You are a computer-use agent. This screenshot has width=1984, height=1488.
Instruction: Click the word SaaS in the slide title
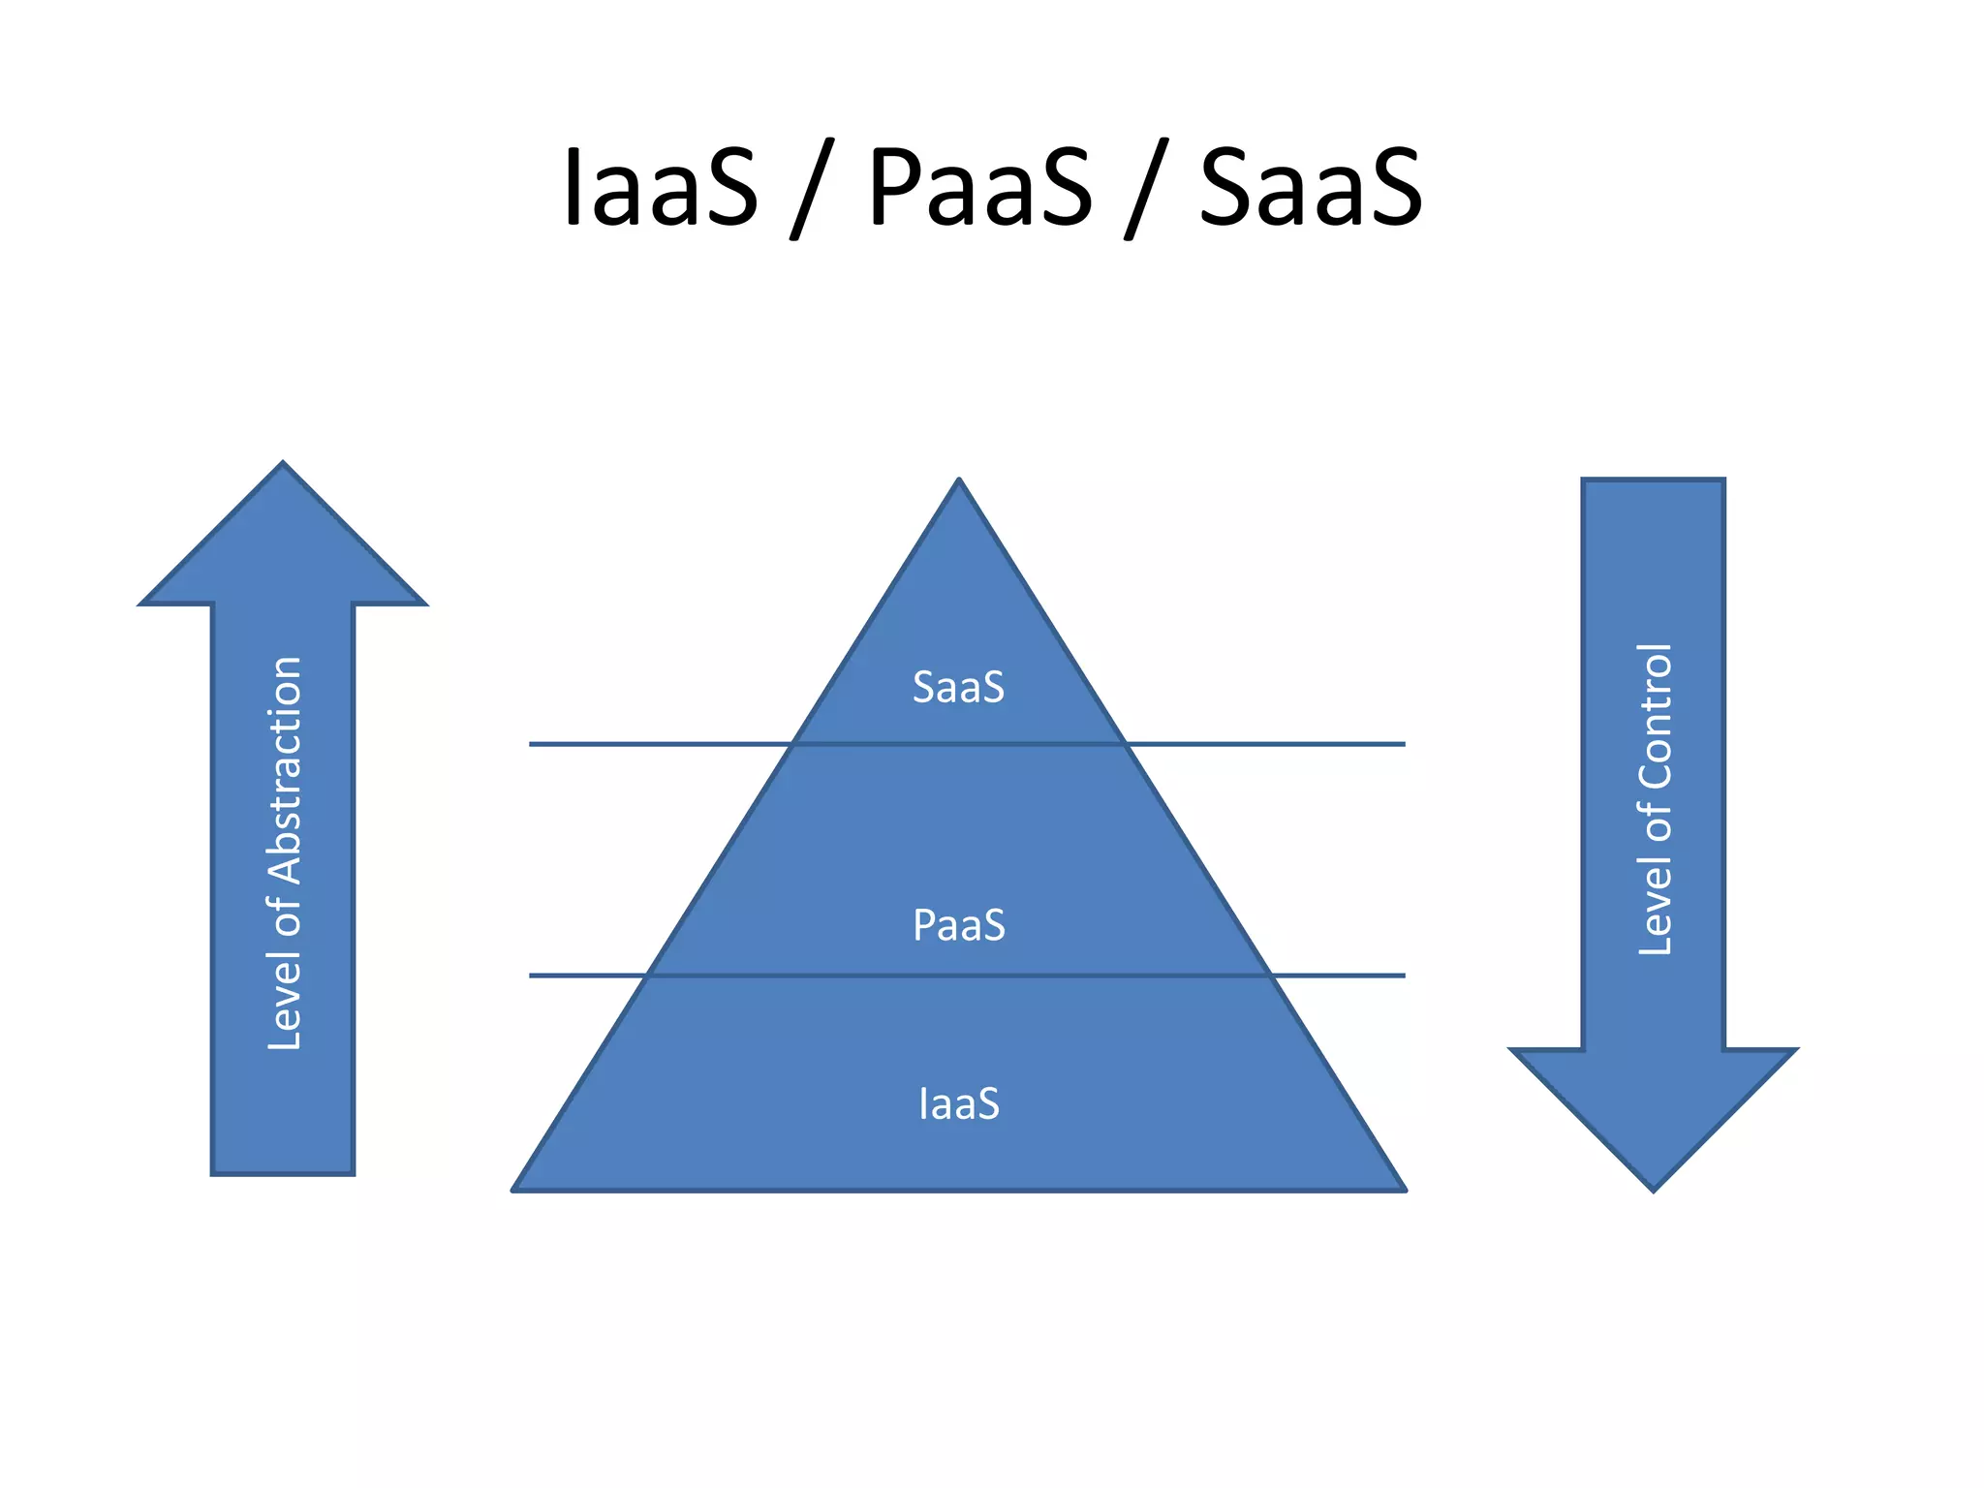(1311, 186)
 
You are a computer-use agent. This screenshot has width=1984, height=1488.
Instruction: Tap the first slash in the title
(812, 190)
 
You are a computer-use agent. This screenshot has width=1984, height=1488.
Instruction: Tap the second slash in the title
(1146, 190)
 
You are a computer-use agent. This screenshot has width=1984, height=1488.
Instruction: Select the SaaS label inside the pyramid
(958, 687)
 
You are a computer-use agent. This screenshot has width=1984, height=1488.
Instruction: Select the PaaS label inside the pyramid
(958, 925)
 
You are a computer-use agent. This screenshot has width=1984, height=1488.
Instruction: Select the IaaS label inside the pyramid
(958, 1103)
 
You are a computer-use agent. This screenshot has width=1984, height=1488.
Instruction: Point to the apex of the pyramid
(958, 480)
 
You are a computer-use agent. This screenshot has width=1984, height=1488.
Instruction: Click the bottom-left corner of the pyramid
(514, 1189)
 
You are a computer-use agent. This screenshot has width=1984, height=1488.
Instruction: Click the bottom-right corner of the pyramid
(1404, 1189)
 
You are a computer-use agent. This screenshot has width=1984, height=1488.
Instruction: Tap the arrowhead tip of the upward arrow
(283, 464)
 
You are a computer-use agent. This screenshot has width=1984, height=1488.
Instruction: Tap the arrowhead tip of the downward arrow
(1653, 1189)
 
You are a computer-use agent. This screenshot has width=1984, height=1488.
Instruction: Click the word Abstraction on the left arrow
(285, 770)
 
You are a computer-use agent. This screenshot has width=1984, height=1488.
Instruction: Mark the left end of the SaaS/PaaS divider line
(531, 744)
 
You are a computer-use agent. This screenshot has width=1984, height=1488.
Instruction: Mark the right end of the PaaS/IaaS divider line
(1404, 976)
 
